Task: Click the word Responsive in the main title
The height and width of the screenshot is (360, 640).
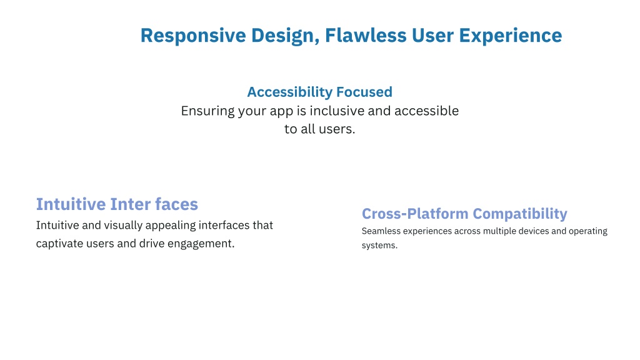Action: [x=193, y=36]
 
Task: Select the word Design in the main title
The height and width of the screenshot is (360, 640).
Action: [x=285, y=36]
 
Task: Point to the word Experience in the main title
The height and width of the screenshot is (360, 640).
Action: [x=511, y=36]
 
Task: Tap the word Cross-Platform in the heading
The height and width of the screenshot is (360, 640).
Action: [x=415, y=214]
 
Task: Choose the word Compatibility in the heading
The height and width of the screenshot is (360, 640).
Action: [x=520, y=214]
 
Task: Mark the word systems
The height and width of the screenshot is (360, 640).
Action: [x=379, y=246]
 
